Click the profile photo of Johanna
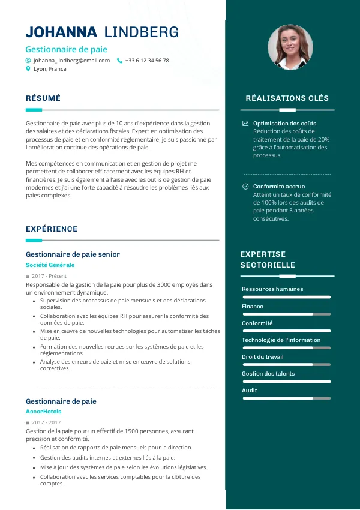(290, 47)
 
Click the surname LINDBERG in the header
(142, 32)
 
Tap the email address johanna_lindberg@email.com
(71, 61)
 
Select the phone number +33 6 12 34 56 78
(147, 61)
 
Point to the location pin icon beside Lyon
(28, 69)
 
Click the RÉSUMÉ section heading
(43, 98)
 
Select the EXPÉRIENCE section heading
(52, 229)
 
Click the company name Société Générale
(50, 265)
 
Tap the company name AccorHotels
(43, 412)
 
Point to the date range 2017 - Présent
(49, 276)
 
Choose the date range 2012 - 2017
(46, 422)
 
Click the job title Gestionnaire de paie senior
(73, 254)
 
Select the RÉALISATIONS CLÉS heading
(287, 98)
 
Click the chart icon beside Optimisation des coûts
(245, 124)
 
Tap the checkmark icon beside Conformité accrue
(245, 187)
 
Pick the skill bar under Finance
(286, 314)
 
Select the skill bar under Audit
(286, 398)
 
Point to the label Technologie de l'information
(281, 340)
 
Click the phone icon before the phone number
(119, 61)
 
